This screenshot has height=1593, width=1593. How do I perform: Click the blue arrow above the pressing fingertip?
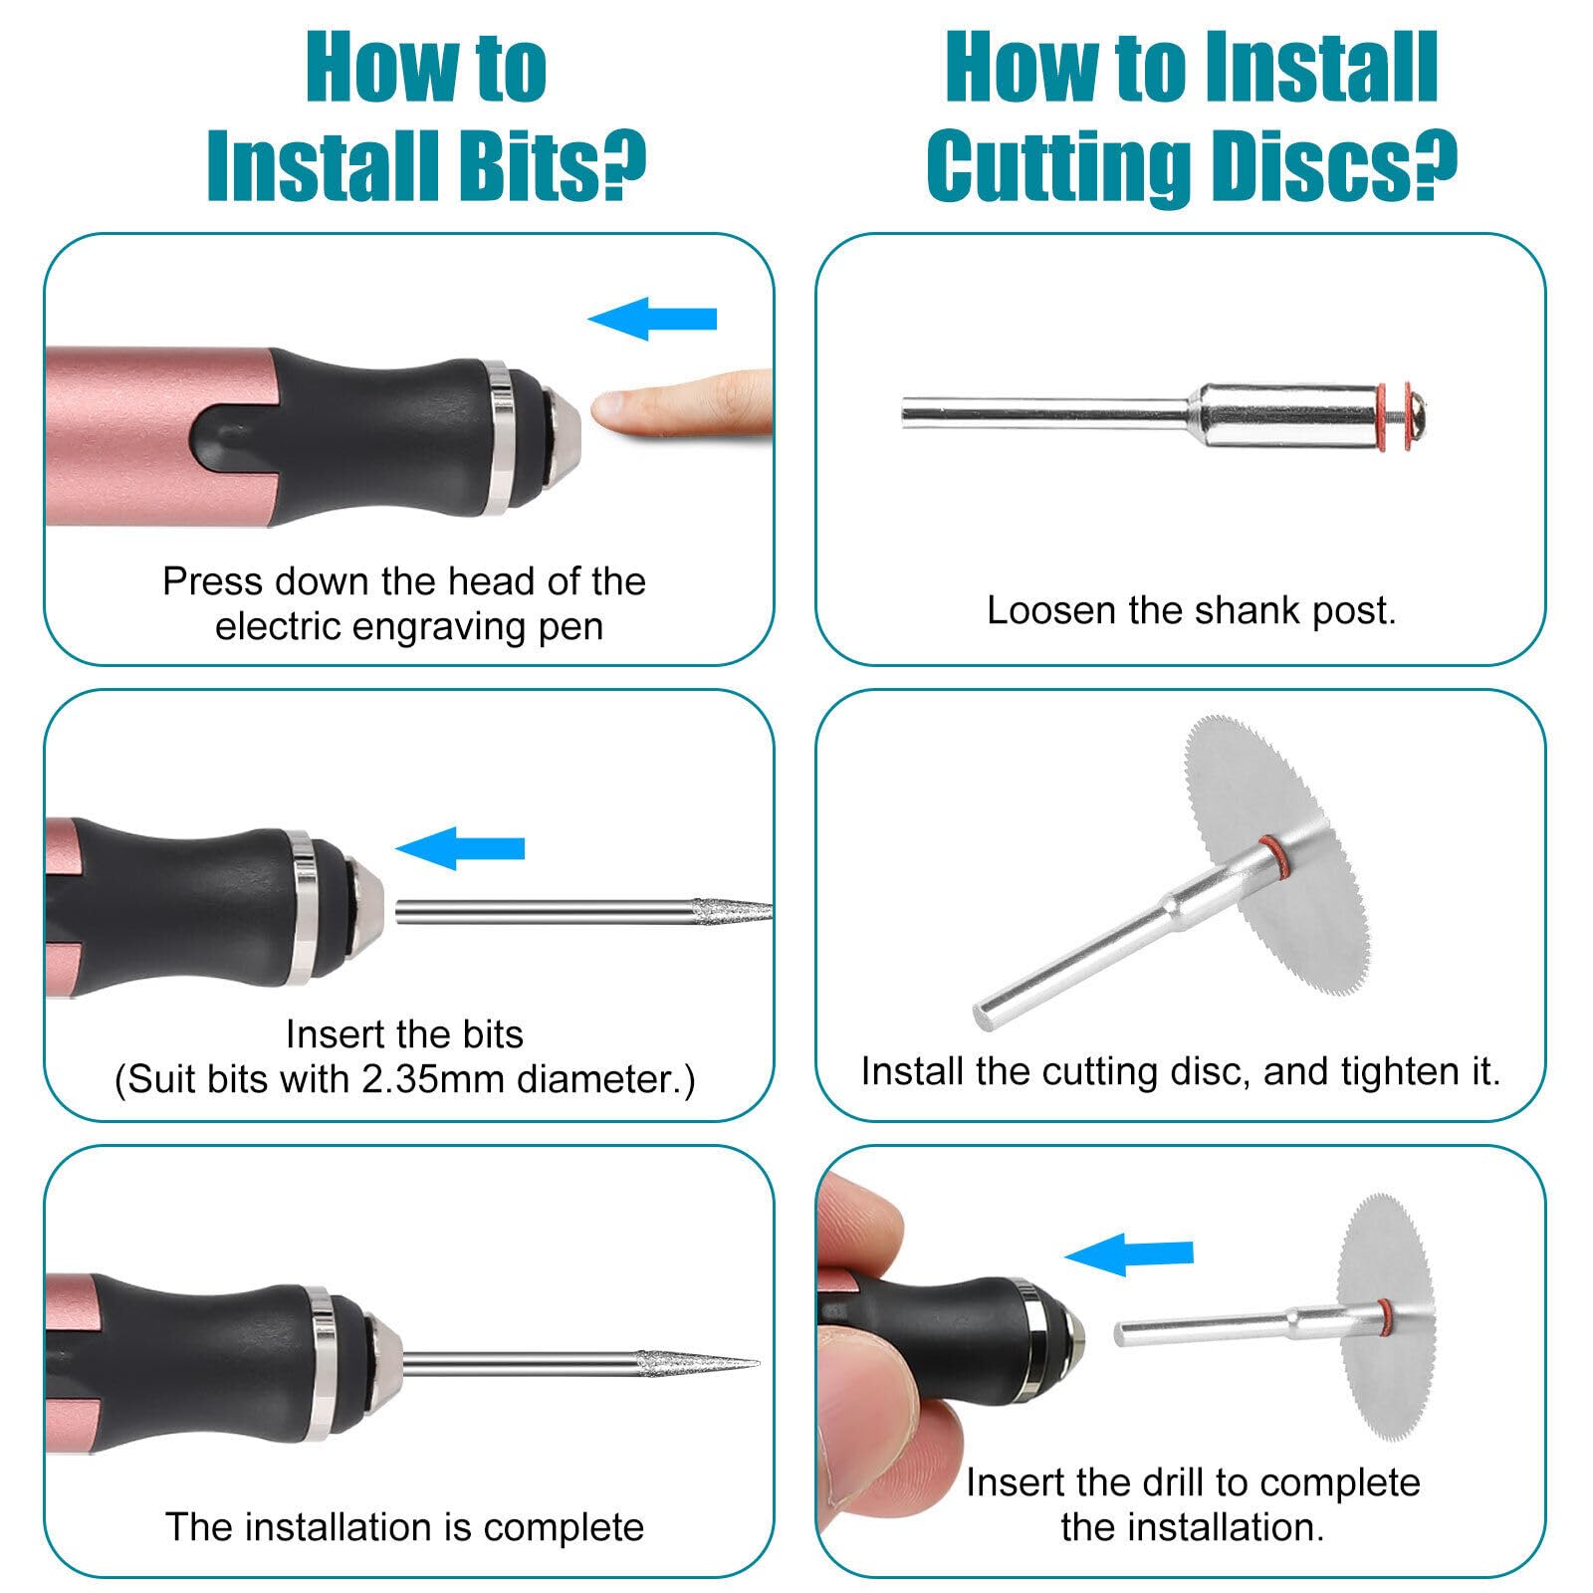point(652,319)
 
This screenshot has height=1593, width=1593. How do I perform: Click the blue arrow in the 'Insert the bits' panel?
point(460,848)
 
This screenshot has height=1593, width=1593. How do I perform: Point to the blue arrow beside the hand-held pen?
point(1129,1253)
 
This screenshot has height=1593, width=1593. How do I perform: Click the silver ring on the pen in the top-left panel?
point(502,438)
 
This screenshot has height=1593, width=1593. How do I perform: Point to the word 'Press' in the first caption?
point(212,580)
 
